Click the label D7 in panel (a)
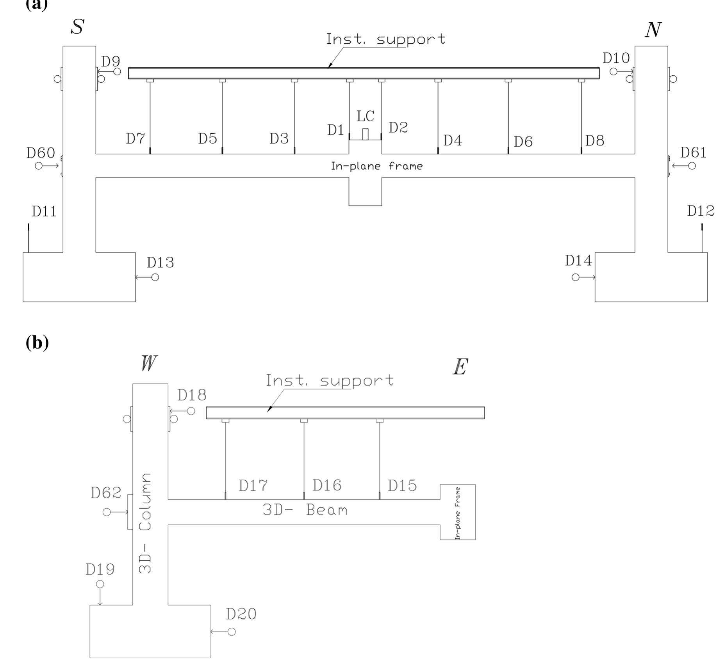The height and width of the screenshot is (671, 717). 135,138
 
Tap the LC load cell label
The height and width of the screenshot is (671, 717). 365,116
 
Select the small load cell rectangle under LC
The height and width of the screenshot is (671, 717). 365,134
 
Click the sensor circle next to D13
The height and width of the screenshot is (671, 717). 155,277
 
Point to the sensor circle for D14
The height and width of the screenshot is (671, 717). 575,277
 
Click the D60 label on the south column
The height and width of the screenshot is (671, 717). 41,153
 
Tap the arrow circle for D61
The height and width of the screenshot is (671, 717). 692,166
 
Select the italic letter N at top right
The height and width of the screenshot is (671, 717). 653,30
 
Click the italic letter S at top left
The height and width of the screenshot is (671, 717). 77,27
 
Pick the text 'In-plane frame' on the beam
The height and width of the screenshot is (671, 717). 376,167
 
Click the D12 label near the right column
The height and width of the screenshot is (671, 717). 700,211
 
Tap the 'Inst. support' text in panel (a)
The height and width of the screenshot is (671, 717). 385,39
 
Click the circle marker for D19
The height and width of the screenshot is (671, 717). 100,584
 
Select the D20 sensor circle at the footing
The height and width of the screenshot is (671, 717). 232,632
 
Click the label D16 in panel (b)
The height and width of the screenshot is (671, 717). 327,485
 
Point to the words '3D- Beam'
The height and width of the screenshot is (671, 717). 305,510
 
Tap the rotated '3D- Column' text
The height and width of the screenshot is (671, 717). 145,523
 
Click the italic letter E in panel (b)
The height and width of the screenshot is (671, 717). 460,367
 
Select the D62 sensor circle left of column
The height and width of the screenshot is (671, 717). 107,512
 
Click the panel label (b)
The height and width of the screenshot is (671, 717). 37,343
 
